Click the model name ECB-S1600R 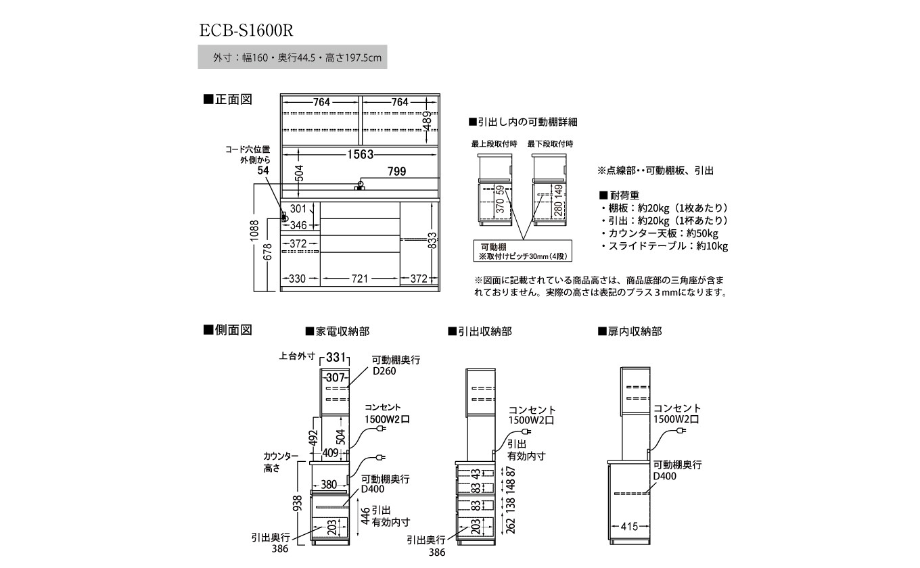[246, 30]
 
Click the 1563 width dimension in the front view [361, 154]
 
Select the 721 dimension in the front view [360, 279]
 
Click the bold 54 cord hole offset [264, 172]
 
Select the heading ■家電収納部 [337, 331]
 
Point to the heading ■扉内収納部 [630, 331]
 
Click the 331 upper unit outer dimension [336, 357]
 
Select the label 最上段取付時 [495, 144]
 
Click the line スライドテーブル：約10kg [664, 246]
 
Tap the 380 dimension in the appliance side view [329, 484]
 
